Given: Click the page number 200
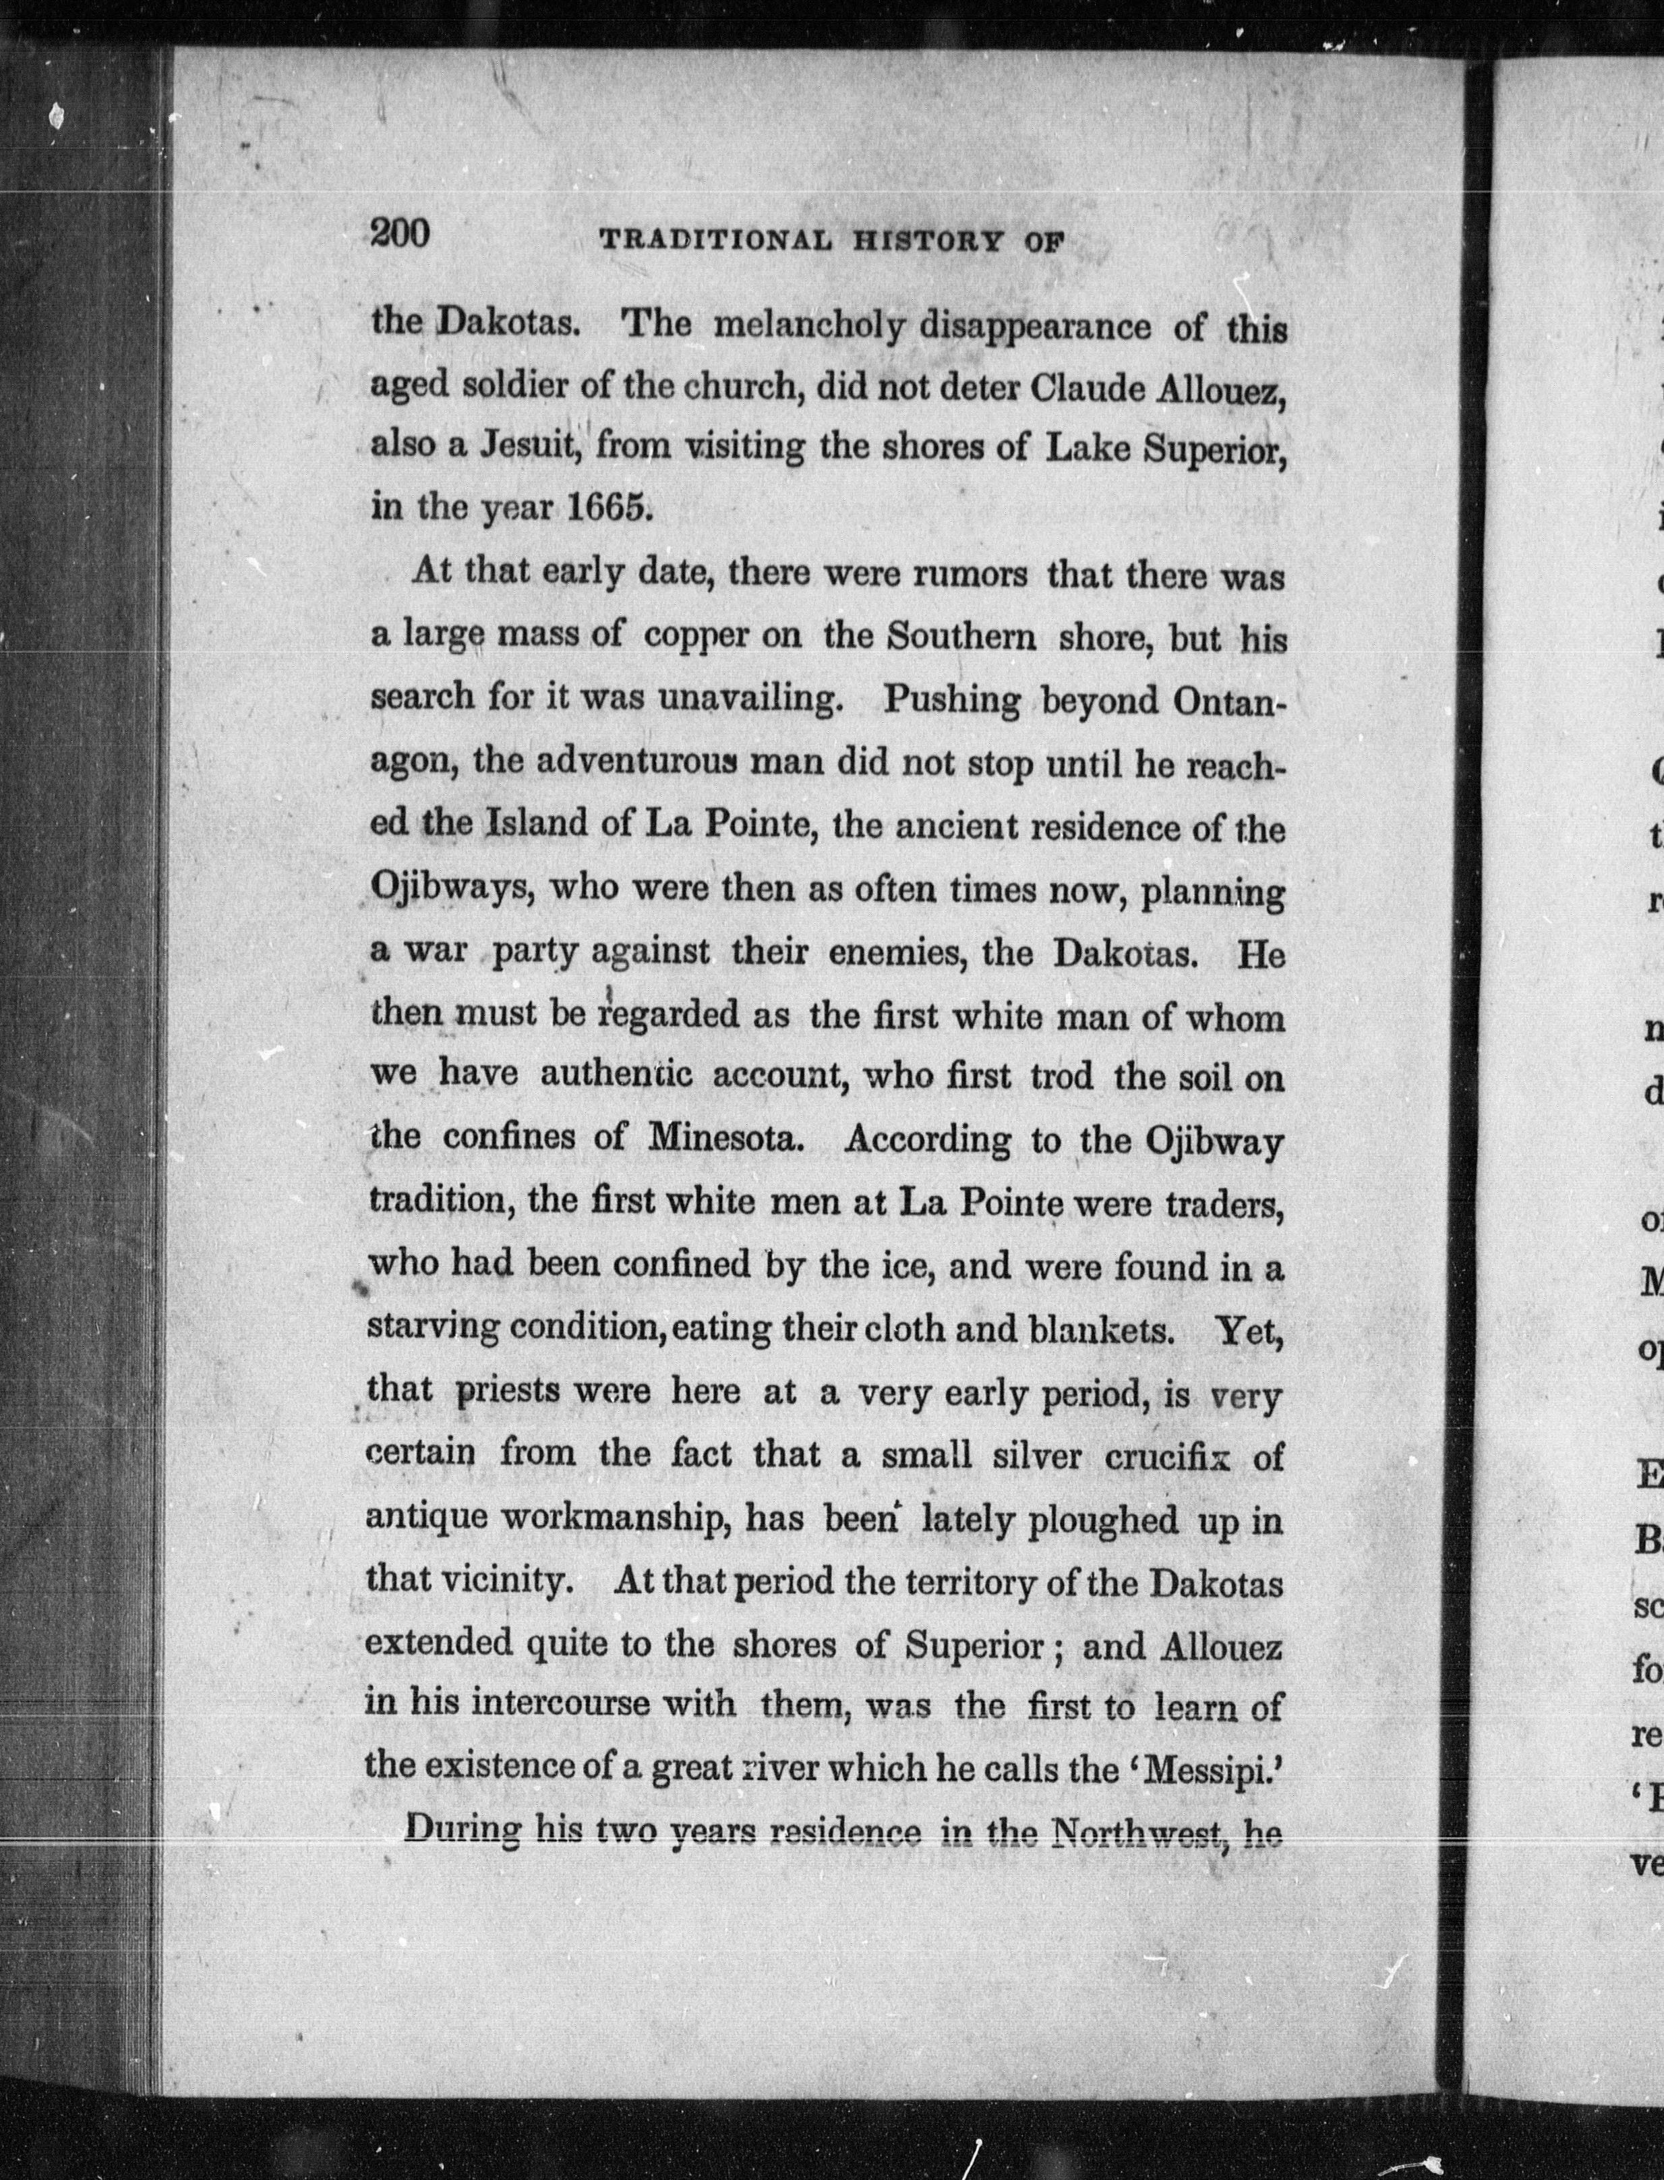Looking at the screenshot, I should pyautogui.click(x=400, y=234).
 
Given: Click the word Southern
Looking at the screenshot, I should pyautogui.click(x=961, y=635).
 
